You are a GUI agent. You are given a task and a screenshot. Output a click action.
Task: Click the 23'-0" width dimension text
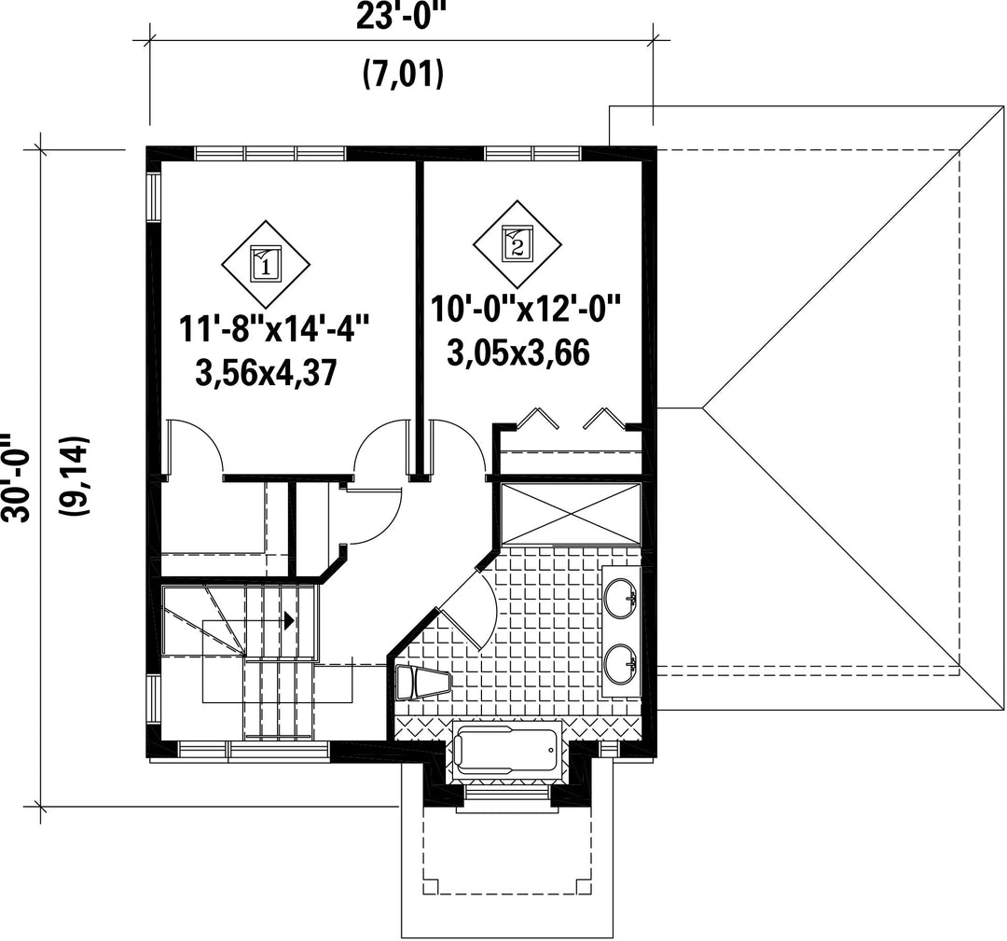point(401,16)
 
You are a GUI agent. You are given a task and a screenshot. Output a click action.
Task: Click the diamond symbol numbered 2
point(517,244)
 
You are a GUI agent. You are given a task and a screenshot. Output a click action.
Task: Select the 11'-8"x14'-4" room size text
point(274,329)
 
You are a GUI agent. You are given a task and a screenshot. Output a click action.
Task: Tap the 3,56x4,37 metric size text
point(266,372)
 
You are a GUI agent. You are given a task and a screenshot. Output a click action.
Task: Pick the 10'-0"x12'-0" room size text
point(527,309)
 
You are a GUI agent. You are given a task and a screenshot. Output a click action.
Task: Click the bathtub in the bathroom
point(506,750)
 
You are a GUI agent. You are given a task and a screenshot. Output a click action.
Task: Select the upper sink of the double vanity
point(620,598)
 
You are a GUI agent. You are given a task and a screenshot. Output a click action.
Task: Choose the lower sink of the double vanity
point(620,663)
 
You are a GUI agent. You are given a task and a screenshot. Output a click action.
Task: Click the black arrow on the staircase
point(289,620)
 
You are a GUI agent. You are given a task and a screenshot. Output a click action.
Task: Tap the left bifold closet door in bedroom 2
point(537,418)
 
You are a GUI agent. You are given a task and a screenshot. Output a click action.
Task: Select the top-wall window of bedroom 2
point(533,153)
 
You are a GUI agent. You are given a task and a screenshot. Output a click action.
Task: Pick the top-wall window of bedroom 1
point(269,153)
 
